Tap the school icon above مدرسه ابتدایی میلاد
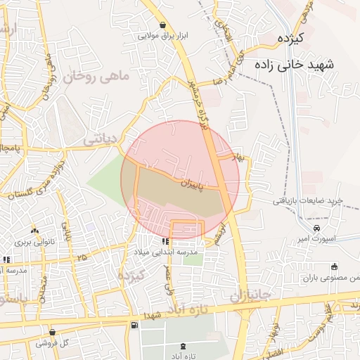pos(165,241)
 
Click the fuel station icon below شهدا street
pos(134,325)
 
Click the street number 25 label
pos(83,258)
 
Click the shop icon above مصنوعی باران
pos(334,266)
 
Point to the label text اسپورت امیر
pos(314,240)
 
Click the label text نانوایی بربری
pos(34,242)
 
